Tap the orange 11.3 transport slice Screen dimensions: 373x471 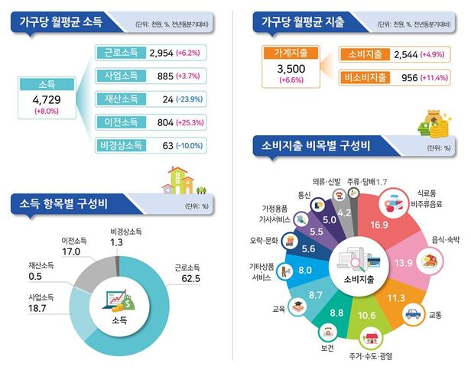click(397, 297)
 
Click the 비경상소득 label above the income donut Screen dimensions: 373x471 click(127, 231)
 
